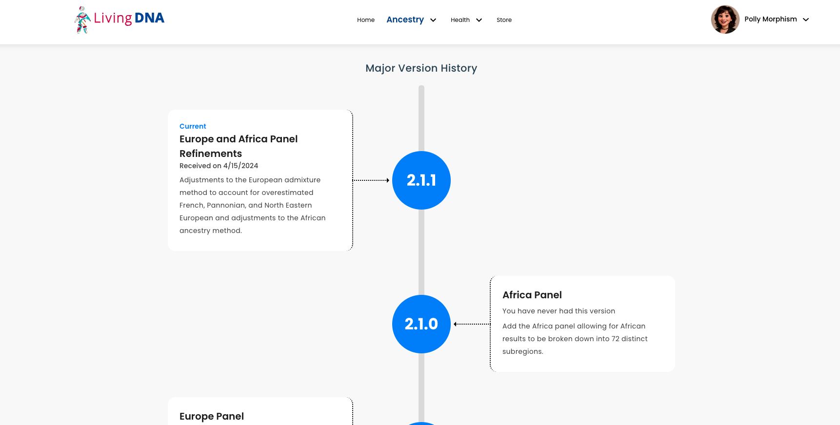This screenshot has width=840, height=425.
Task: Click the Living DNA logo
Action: pyautogui.click(x=120, y=19)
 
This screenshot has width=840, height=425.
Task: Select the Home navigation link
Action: pyautogui.click(x=366, y=20)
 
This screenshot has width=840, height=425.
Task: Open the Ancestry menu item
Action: pyautogui.click(x=405, y=19)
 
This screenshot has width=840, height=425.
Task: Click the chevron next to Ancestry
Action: pyautogui.click(x=433, y=20)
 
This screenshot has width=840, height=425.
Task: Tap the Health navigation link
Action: pyautogui.click(x=460, y=20)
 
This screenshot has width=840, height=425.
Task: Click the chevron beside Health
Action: pyautogui.click(x=479, y=20)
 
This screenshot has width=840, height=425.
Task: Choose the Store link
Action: pyautogui.click(x=504, y=20)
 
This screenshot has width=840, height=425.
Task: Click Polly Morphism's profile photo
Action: pyautogui.click(x=725, y=19)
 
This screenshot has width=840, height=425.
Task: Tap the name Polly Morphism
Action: pyautogui.click(x=771, y=19)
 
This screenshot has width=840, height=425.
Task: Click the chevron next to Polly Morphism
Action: pyautogui.click(x=806, y=19)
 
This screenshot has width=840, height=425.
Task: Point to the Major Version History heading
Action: pyautogui.click(x=421, y=68)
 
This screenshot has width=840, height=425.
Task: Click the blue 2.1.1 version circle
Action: pyautogui.click(x=421, y=180)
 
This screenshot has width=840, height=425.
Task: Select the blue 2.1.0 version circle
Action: pyautogui.click(x=421, y=324)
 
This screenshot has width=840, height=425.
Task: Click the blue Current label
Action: pyautogui.click(x=193, y=126)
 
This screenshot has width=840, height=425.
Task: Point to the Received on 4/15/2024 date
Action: pyautogui.click(x=219, y=166)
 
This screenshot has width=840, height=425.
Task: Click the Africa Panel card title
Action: pyautogui.click(x=532, y=295)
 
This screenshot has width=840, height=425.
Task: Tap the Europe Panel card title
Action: pyautogui.click(x=212, y=416)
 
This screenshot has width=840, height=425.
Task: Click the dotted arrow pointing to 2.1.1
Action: pyautogui.click(x=371, y=180)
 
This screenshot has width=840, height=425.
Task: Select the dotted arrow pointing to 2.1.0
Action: pyautogui.click(x=472, y=324)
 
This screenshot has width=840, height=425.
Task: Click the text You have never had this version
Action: pyautogui.click(x=559, y=311)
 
